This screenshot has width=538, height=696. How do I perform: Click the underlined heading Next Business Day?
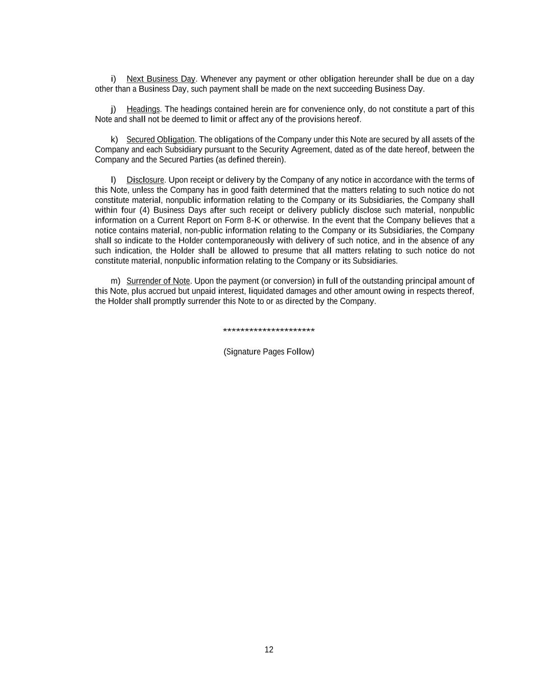pos(161,79)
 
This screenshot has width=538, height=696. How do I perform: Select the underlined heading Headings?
pos(143,109)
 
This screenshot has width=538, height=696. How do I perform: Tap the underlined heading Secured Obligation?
pos(160,139)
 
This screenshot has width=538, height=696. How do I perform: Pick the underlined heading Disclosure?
pos(145,180)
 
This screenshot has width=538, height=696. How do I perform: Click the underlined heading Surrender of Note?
pos(158,281)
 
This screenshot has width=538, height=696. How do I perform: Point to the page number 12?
pos(269,650)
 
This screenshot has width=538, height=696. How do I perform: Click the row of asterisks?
pos(269,331)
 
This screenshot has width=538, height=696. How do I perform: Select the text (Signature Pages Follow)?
pos(269,352)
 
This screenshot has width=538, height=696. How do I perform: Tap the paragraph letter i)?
pos(113,79)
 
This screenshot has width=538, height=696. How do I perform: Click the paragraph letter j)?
pos(113,109)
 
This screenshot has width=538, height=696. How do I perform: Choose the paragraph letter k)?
pos(114,139)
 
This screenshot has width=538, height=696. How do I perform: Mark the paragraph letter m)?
pos(115,281)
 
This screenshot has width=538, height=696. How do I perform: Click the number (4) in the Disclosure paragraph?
pos(144,210)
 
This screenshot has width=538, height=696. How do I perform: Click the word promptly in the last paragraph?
pos(168,301)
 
